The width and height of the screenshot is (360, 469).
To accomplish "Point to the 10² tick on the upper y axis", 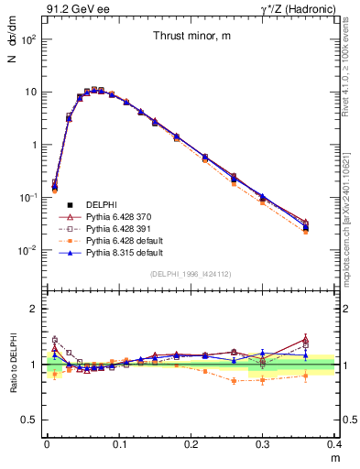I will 29,39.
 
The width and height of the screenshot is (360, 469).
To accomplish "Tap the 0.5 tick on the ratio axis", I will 32,420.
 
